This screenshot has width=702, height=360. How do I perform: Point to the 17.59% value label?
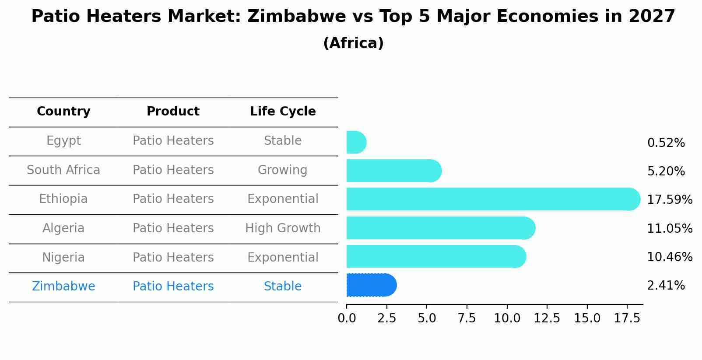tap(669, 200)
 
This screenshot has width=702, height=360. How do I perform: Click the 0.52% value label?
tap(666, 143)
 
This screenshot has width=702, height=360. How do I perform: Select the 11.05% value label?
tap(669, 229)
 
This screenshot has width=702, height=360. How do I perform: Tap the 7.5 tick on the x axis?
tap(467, 318)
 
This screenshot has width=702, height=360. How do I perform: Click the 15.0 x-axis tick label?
tap(587, 318)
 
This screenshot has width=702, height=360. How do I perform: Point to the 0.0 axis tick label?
tap(347, 318)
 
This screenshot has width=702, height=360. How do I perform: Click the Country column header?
tap(63, 112)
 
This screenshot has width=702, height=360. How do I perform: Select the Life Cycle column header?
tap(283, 112)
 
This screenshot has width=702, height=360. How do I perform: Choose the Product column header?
tap(173, 112)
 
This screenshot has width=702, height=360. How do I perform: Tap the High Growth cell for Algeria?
tap(283, 228)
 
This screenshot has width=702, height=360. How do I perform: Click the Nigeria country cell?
tap(63, 257)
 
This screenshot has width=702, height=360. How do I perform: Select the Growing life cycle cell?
tap(282, 170)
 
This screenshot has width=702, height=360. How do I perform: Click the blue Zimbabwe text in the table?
tap(63, 287)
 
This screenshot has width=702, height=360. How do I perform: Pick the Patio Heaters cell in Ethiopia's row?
tap(173, 199)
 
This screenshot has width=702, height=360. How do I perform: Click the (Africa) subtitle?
tap(353, 43)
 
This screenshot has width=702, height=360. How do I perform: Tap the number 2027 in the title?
tap(652, 17)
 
